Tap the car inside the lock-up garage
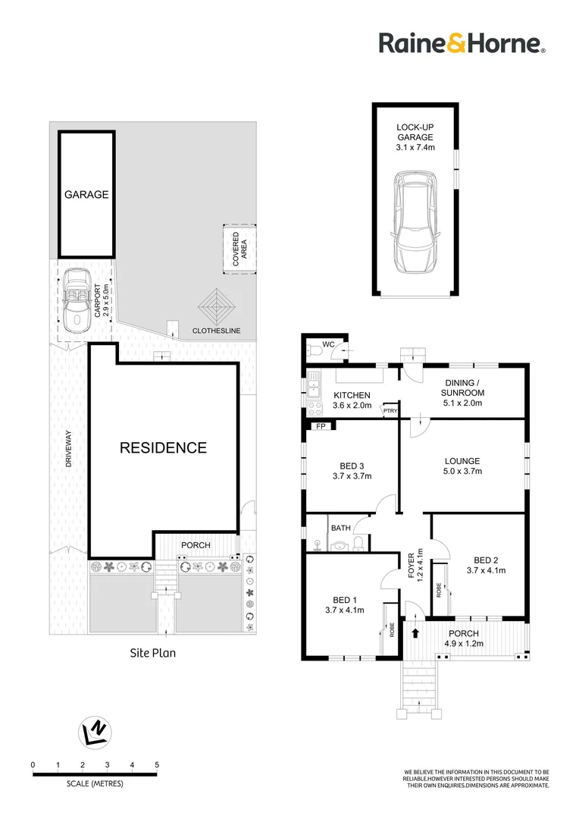coord(415,221)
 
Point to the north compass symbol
coord(95,731)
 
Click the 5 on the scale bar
coord(157,764)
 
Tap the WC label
coord(328,345)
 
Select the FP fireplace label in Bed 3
coord(321,426)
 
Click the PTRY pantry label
coord(390,411)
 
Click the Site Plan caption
coord(152,652)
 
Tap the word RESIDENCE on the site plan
coord(163,448)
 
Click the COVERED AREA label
coord(239,248)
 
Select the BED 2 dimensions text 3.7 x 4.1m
coord(486,570)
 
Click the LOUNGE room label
coord(462,461)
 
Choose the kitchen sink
coord(312,388)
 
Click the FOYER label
coord(412,564)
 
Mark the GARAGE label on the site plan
coord(86,194)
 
